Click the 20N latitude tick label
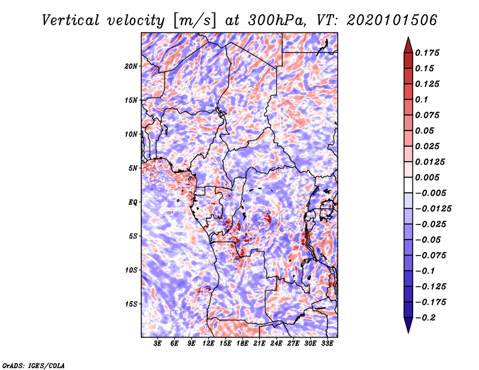click(131, 66)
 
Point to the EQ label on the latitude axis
click(134, 202)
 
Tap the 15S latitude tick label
click(131, 304)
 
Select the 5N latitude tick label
click(133, 168)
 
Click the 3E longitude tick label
click(158, 344)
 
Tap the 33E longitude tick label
click(327, 344)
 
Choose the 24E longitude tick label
click(276, 344)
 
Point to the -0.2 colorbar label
click(426, 317)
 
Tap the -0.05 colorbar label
click(429, 239)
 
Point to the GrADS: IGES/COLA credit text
click(34, 365)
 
